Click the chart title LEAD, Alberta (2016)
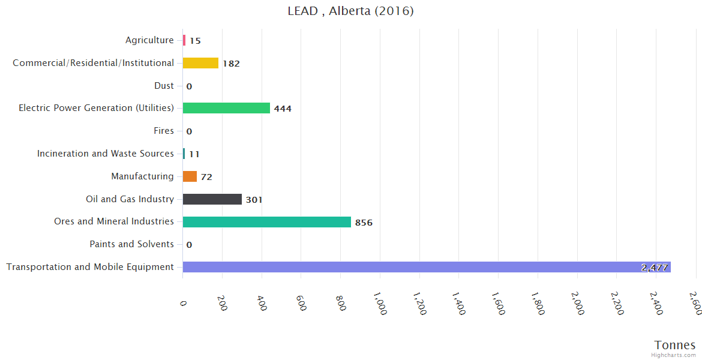(350, 11)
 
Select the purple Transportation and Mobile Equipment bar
(426, 267)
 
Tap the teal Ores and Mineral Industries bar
(266, 222)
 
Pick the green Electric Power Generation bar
(226, 108)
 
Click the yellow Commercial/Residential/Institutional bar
(200, 63)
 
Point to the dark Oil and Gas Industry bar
(212, 199)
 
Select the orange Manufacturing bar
(190, 176)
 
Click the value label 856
(364, 223)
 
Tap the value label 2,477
(654, 268)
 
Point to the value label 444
(283, 109)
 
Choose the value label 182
(231, 64)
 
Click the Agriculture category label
(149, 40)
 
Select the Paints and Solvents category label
(131, 244)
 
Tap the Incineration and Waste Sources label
(105, 154)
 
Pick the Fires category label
(164, 131)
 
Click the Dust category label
(164, 86)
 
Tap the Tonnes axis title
(674, 345)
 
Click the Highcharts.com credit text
(674, 355)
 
